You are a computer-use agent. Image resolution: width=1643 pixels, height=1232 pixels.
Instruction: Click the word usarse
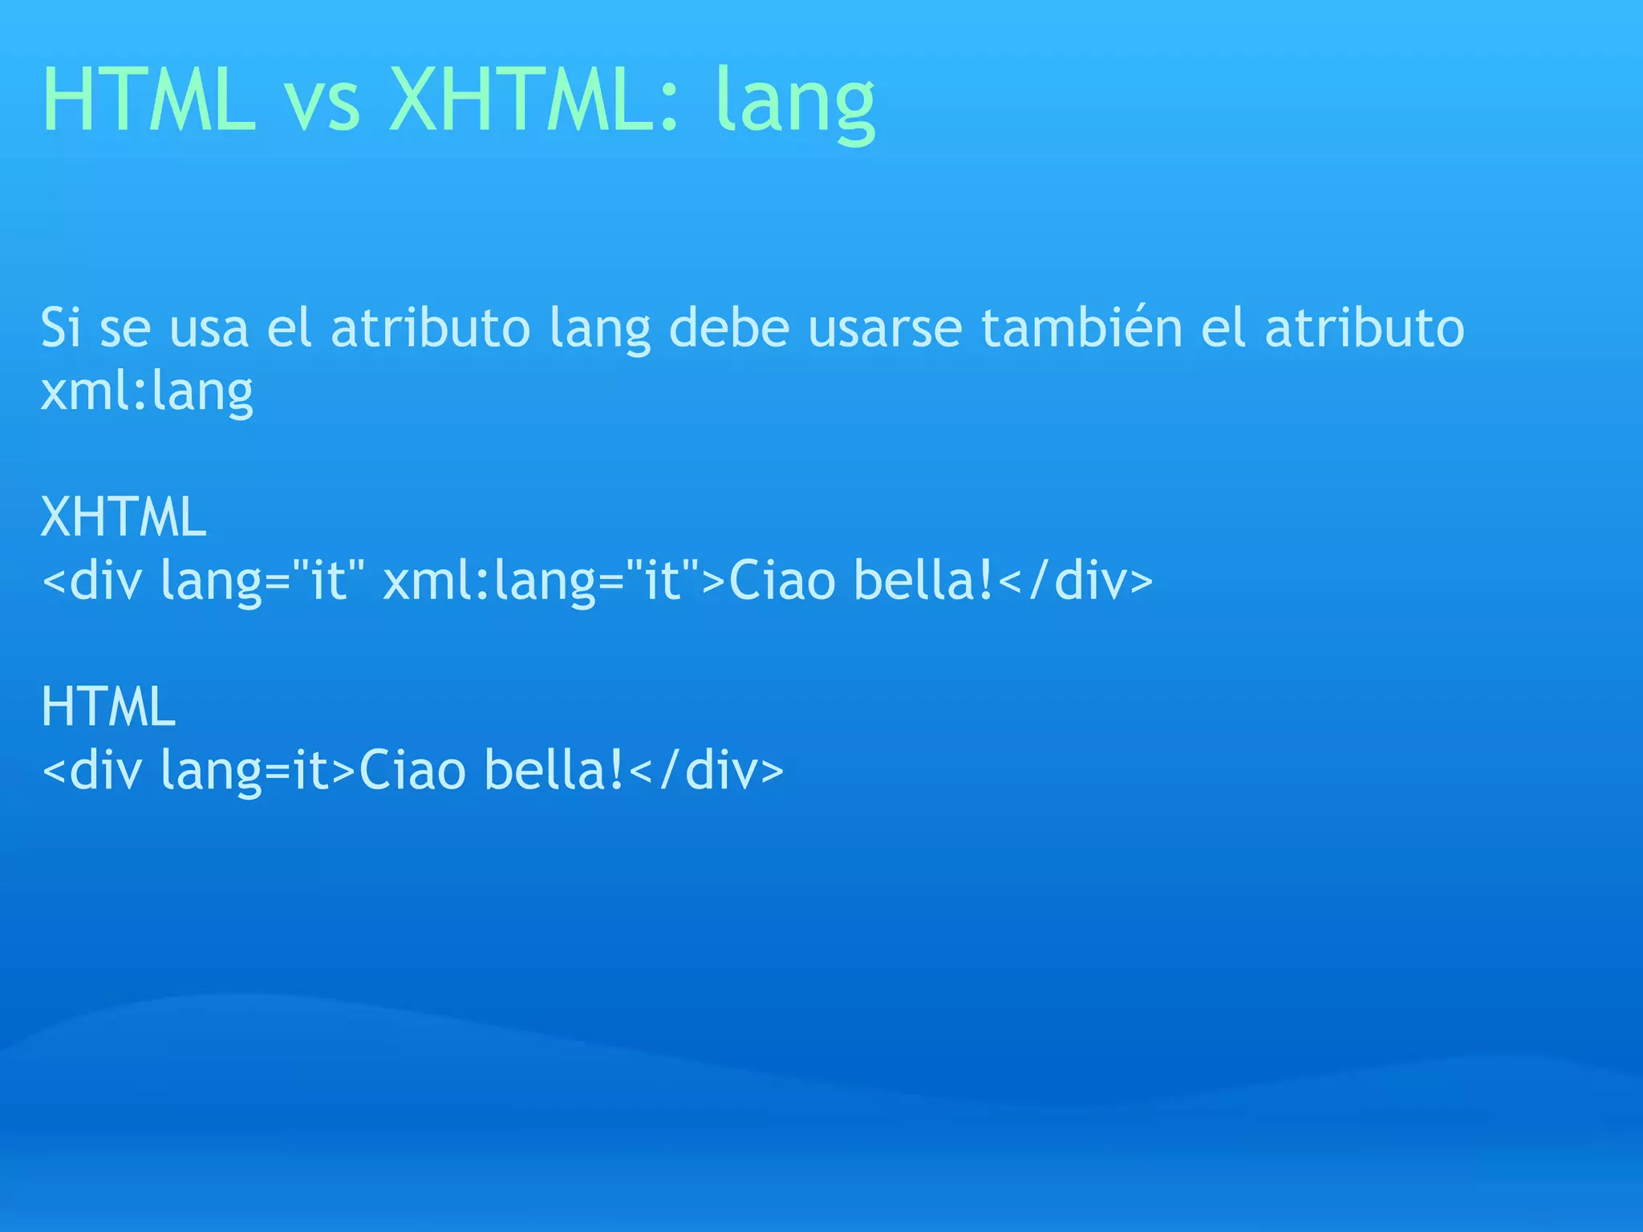[884, 329]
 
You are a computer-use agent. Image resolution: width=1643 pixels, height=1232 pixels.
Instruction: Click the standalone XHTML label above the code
[124, 517]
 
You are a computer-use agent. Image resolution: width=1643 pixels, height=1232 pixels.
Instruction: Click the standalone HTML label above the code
[108, 707]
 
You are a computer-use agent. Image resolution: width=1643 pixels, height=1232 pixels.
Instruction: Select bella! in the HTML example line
[554, 770]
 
